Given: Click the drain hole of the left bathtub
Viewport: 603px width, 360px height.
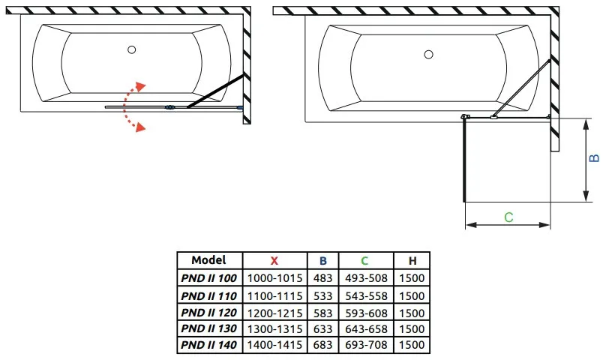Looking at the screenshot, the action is (x=132, y=49).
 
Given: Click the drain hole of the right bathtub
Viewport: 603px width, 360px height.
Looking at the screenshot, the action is (x=429, y=55).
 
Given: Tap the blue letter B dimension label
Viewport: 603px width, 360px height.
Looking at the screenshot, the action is (x=595, y=158).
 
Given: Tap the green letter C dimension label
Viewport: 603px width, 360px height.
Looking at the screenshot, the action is (x=508, y=217).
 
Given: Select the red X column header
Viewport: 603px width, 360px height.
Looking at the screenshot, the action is (x=274, y=261).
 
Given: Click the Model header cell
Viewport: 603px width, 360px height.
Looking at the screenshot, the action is (x=208, y=260).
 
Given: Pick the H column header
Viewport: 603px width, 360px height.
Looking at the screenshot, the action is (x=412, y=261).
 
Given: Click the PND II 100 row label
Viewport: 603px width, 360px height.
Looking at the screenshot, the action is (x=208, y=278).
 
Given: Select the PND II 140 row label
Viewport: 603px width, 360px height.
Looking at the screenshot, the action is (x=208, y=345).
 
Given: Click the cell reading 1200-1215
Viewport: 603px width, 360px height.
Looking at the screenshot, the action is (x=274, y=313).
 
